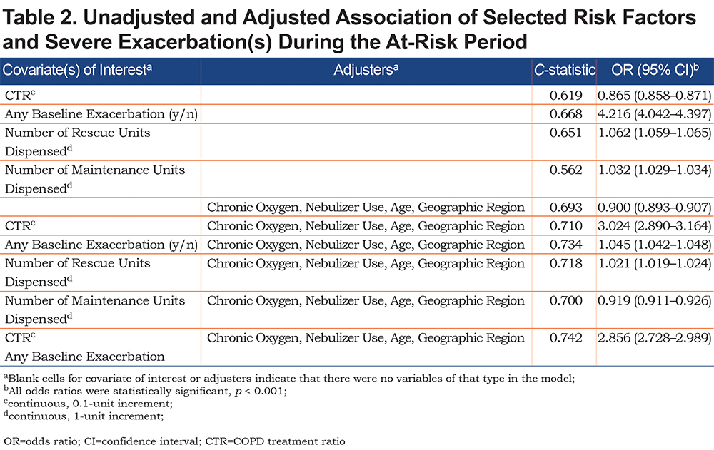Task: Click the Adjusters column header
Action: pos(366,70)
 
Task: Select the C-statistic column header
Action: pos(565,70)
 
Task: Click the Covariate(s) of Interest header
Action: pos(77,70)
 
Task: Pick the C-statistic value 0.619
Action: pos(565,95)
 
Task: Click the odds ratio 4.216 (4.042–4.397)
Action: pos(654,114)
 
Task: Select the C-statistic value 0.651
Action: pos(565,133)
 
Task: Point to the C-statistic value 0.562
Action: pos(565,170)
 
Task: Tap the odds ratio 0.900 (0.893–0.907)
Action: pos(654,207)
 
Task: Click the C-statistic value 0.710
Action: pos(565,225)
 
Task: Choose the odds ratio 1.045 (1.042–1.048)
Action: pos(654,245)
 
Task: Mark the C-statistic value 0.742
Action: pos(565,337)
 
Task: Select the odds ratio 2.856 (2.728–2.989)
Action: pos(654,337)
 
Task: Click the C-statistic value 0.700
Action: pos(565,300)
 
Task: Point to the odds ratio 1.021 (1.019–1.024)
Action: pos(654,263)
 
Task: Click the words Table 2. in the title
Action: pos(39,18)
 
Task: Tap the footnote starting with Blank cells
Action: pos(289,378)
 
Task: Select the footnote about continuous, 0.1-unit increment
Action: pos(88,404)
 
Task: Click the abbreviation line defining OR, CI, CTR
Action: pos(174,441)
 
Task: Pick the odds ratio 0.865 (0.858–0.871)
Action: pos(654,95)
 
